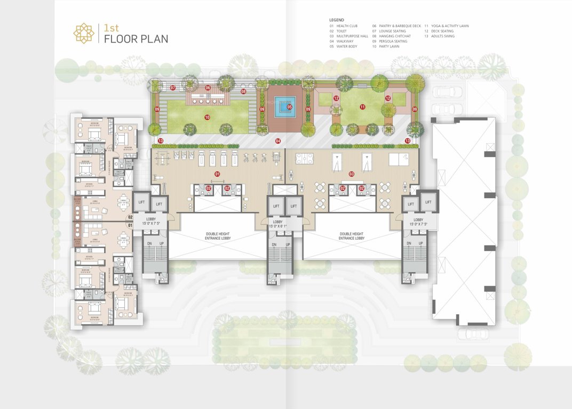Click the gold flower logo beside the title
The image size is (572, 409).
tap(84, 33)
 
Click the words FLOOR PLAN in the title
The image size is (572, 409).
tap(136, 39)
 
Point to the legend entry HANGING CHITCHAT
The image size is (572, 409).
tap(392, 36)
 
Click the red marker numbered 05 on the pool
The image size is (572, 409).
tap(290, 107)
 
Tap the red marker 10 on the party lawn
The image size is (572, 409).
tap(207, 117)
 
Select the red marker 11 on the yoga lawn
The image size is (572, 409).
tap(362, 107)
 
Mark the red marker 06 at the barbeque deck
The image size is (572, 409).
tap(208, 88)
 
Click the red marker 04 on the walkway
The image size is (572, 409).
tap(277, 141)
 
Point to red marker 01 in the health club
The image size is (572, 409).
tap(217, 174)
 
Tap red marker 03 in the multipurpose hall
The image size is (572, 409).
tap(351, 174)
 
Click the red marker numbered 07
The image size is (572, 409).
tap(172, 87)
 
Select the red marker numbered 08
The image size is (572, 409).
tap(243, 92)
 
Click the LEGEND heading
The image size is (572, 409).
tap(337, 20)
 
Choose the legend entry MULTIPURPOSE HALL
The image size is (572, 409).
tap(349, 36)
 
